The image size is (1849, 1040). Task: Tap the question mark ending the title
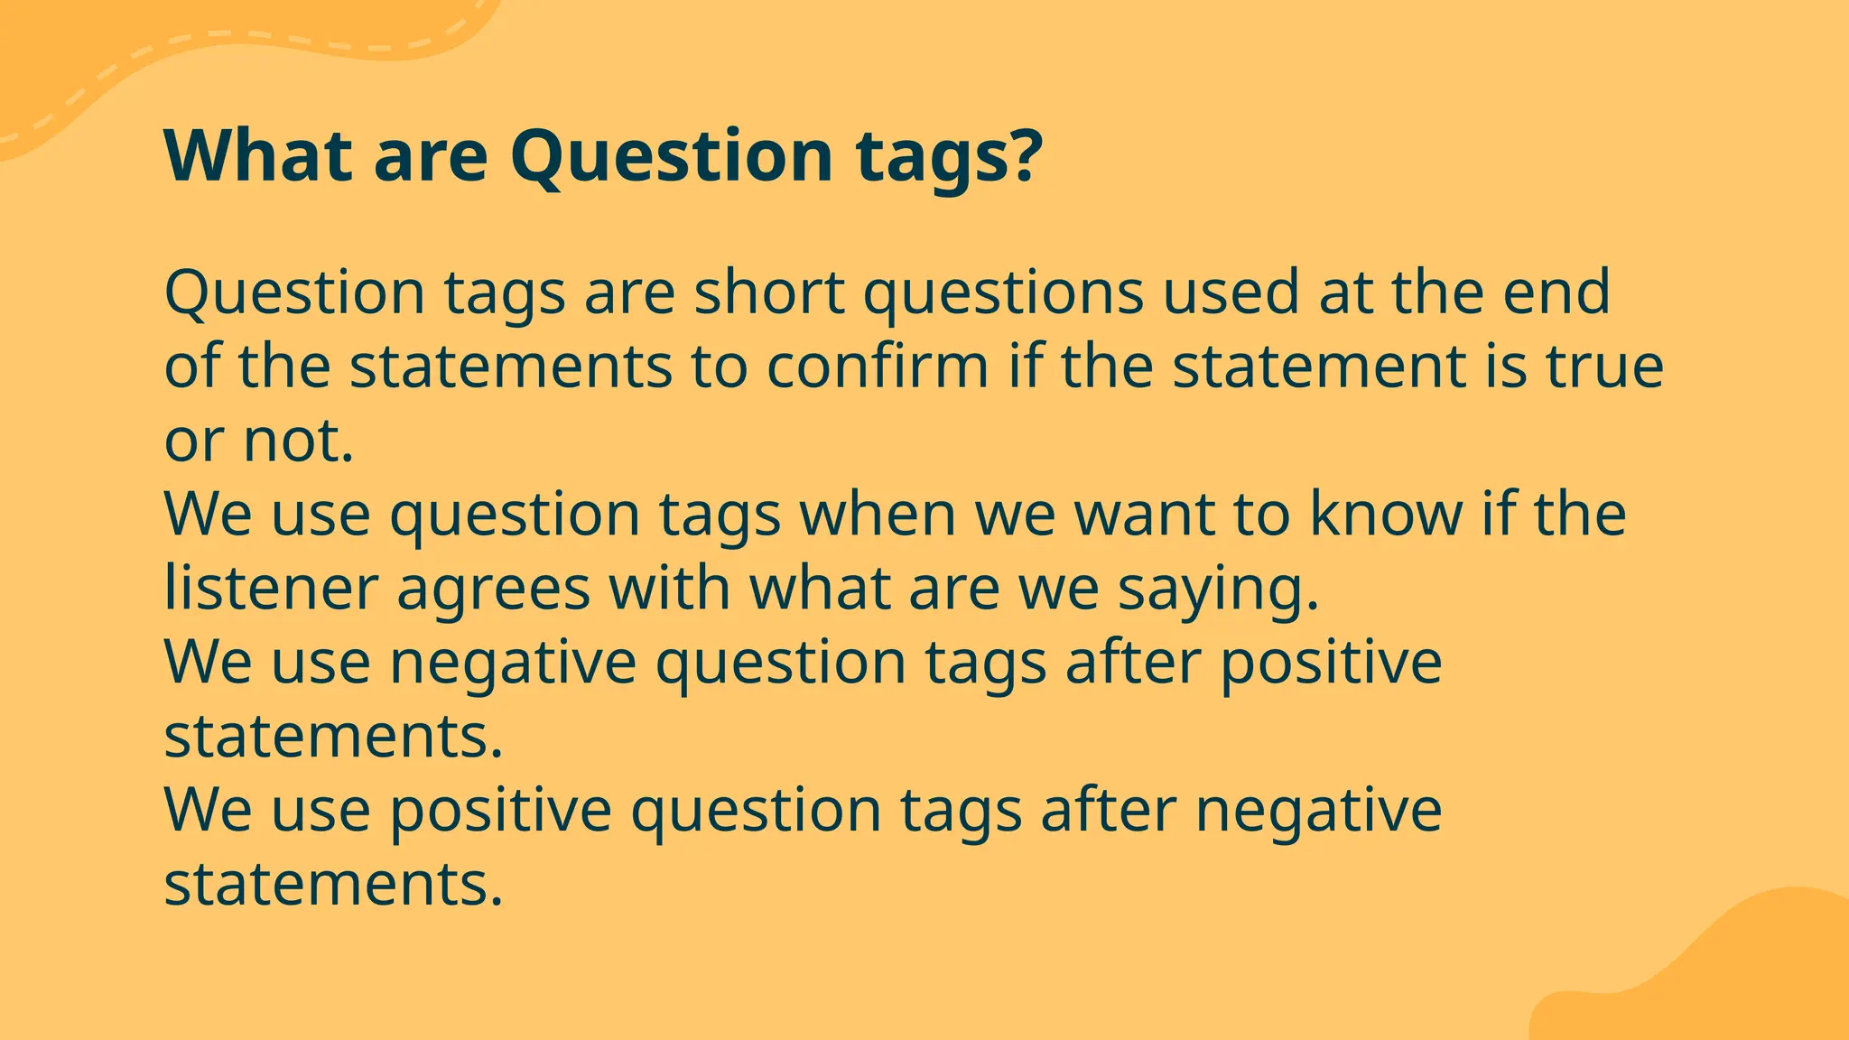pyautogui.click(x=1025, y=155)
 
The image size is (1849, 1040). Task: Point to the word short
pyautogui.click(x=769, y=292)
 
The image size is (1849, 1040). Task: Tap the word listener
pyautogui.click(x=270, y=588)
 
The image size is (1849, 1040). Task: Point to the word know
pyautogui.click(x=1386, y=514)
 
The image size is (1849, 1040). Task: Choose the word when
pyautogui.click(x=878, y=514)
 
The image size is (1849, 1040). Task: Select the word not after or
pyautogui.click(x=298, y=441)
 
